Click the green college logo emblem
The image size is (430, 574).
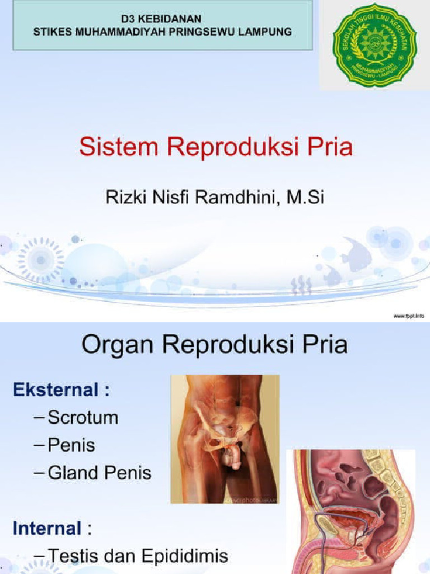click(375, 44)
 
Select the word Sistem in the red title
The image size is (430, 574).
click(113, 148)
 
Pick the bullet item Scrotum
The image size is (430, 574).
click(83, 418)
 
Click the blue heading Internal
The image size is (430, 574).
click(47, 527)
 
